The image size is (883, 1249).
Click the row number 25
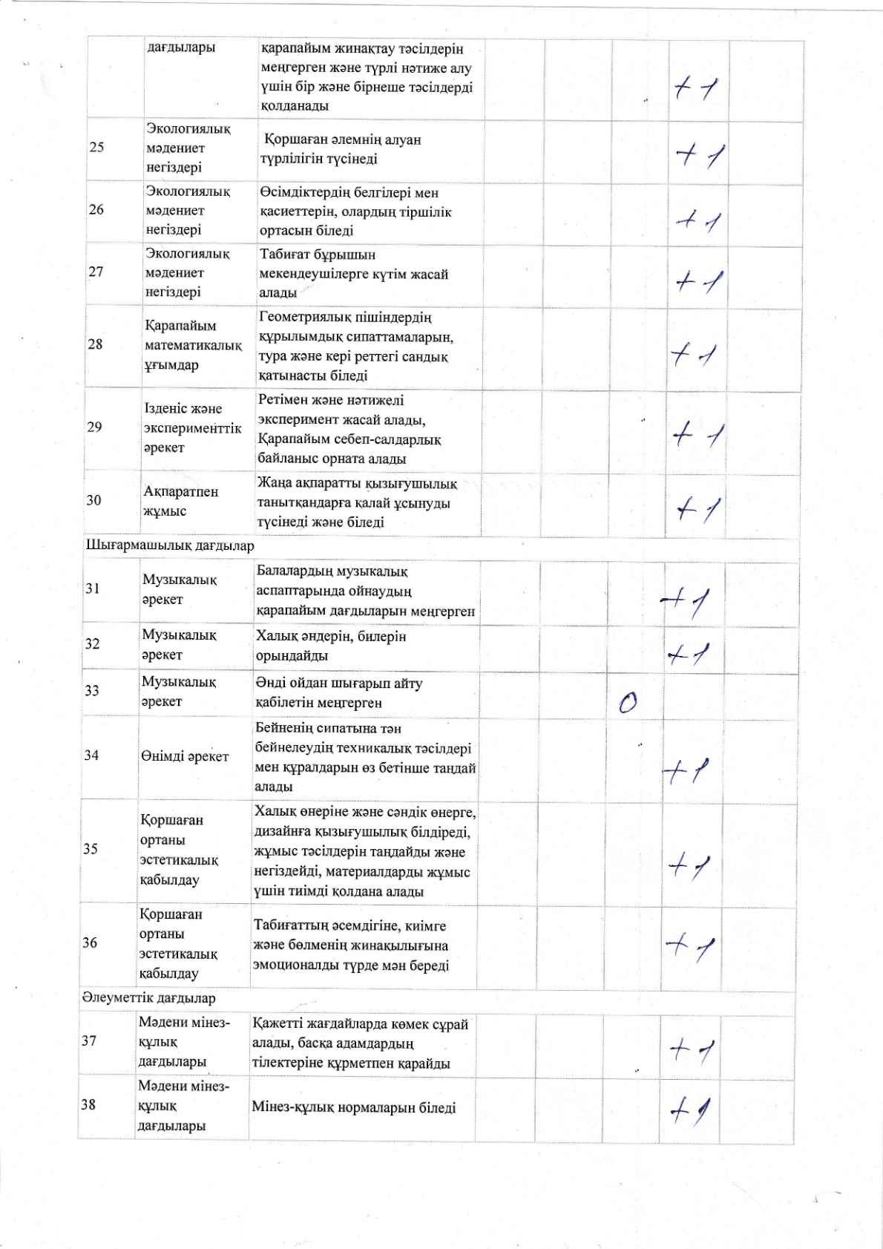point(96,147)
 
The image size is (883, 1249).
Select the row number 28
point(96,344)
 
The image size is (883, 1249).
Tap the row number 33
point(92,691)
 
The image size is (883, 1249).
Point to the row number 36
point(90,943)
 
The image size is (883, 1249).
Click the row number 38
point(88,1105)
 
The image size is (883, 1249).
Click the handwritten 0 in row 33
point(628,702)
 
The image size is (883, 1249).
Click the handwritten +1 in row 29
point(697,435)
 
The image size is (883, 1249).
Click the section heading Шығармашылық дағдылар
point(170,546)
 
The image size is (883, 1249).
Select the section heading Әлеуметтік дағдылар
point(148,998)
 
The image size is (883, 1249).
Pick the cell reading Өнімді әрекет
point(185,756)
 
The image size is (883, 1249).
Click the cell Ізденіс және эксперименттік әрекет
point(192,428)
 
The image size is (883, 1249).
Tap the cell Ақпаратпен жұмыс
point(181,501)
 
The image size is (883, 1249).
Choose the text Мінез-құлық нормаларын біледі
point(353,1108)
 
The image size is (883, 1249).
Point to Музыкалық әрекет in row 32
point(179,645)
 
